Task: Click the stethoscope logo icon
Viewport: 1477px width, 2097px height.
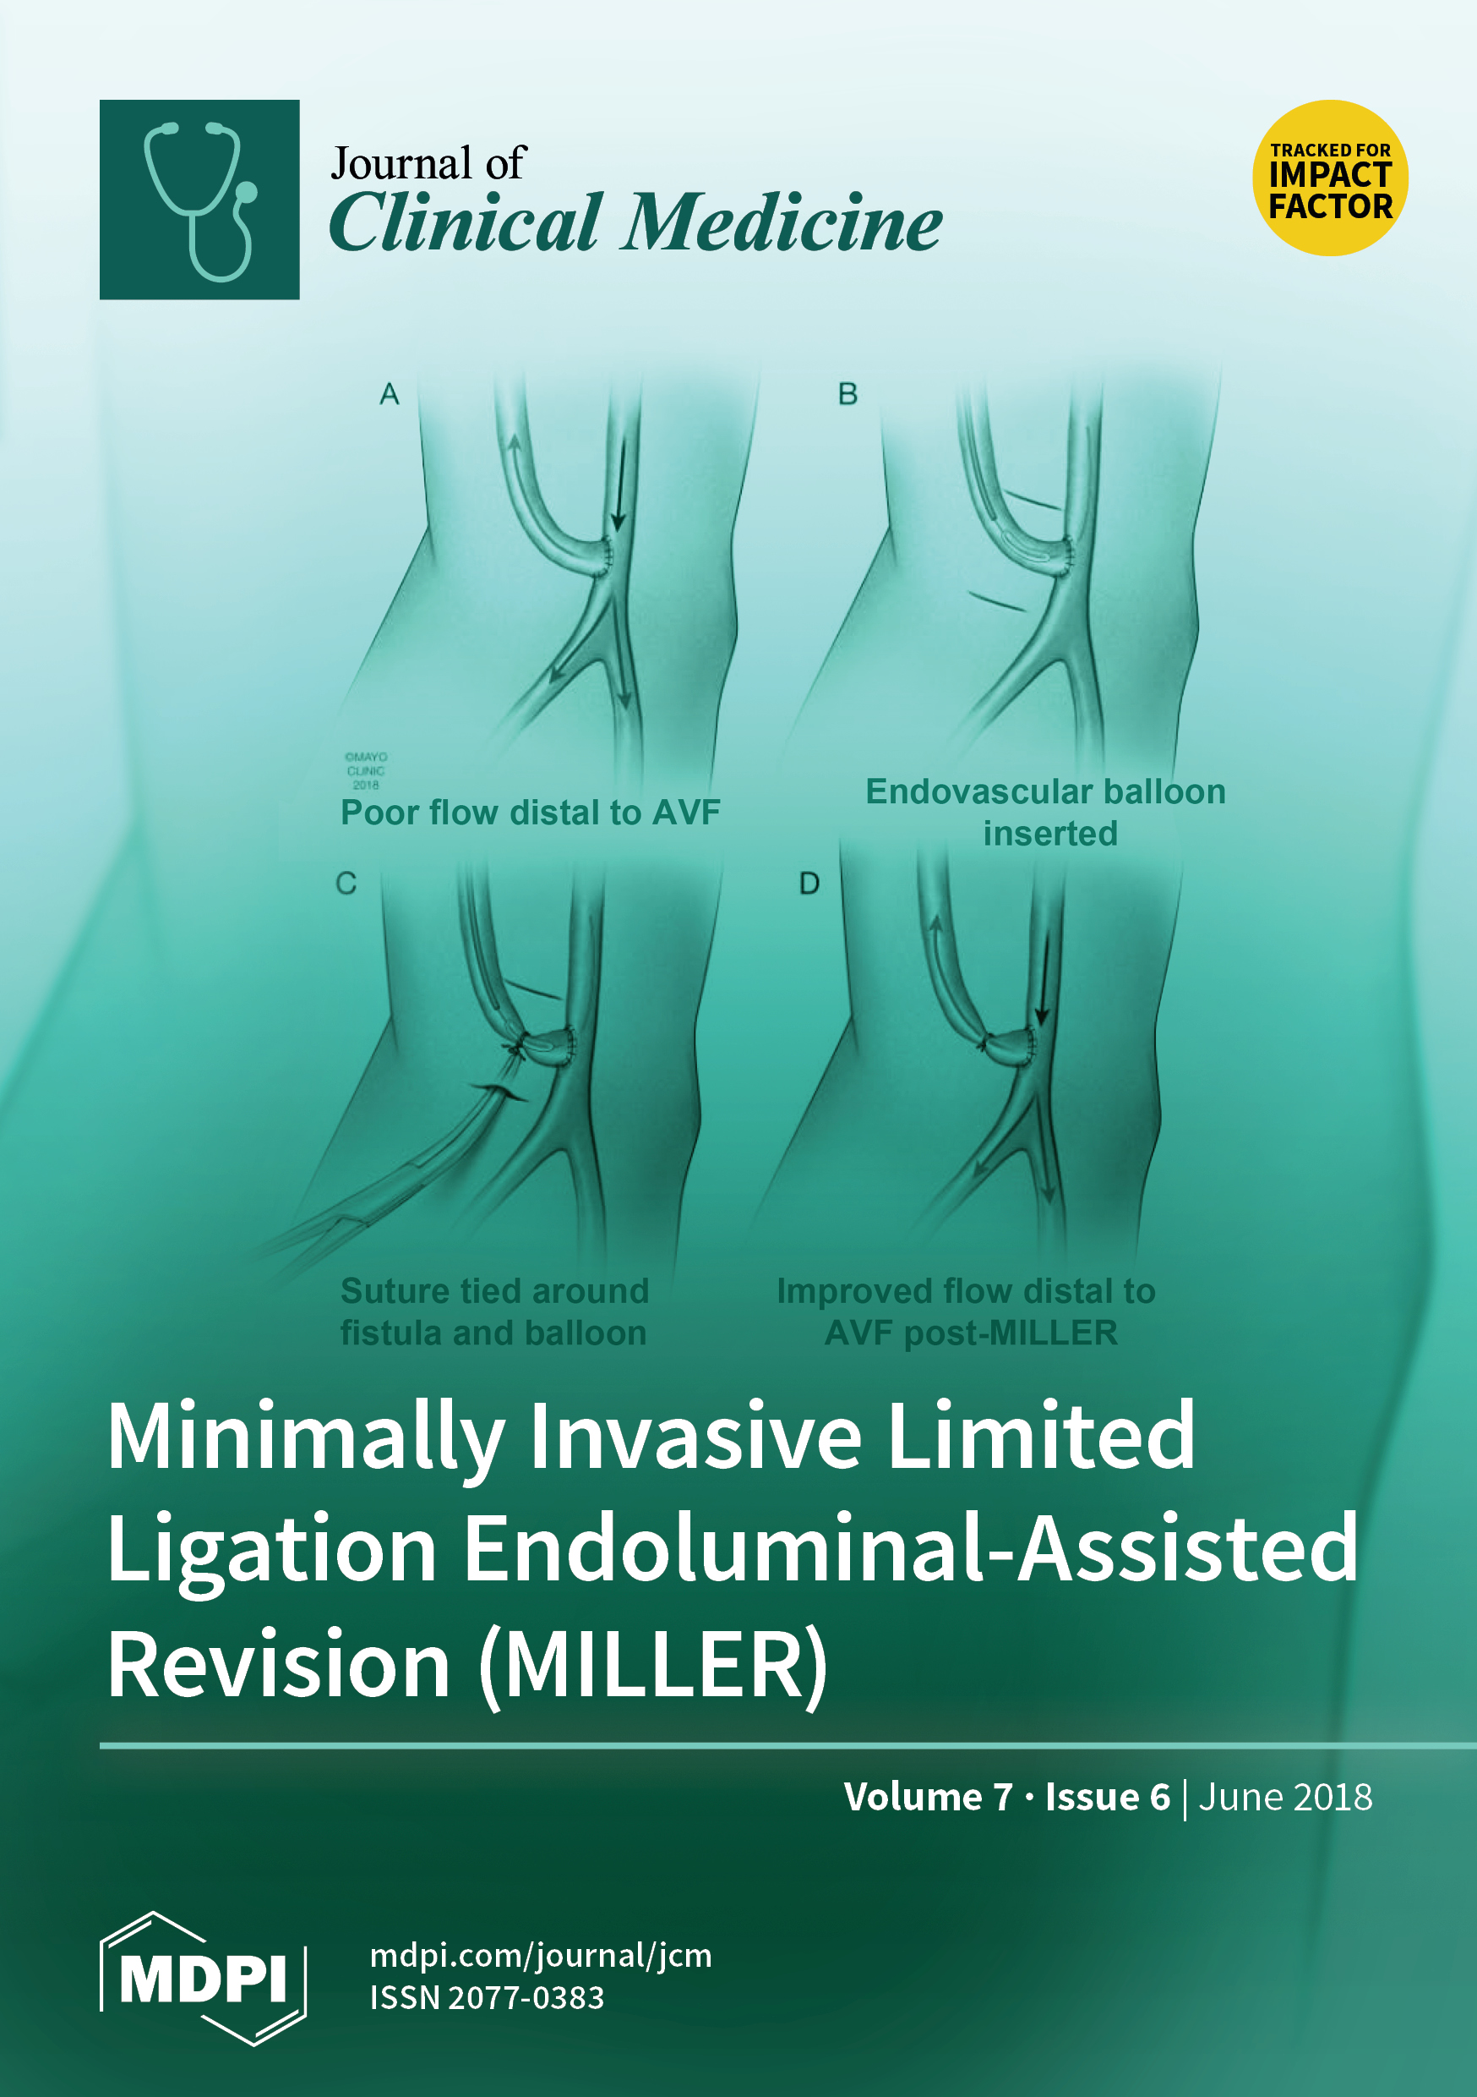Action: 199,199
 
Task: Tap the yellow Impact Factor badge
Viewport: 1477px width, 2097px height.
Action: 1330,178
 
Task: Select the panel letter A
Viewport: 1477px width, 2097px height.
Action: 390,394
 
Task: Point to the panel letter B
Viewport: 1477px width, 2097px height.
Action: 848,394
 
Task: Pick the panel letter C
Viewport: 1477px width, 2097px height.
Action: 346,883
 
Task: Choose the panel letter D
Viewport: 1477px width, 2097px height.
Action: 809,883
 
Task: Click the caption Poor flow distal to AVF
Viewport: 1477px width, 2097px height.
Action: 531,812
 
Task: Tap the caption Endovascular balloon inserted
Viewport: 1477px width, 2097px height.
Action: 1046,812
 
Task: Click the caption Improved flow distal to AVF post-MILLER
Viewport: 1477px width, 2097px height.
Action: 967,1311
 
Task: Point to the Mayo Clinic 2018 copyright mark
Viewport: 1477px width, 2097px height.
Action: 366,771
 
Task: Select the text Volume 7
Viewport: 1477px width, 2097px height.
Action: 929,1797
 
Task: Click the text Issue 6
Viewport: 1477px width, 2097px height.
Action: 1107,1797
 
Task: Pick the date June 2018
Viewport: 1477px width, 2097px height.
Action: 1285,1797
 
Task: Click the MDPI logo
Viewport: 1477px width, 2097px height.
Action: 203,1979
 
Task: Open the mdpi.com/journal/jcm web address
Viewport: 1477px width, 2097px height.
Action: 541,1956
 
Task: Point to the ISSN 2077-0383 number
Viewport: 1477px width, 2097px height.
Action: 487,1998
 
